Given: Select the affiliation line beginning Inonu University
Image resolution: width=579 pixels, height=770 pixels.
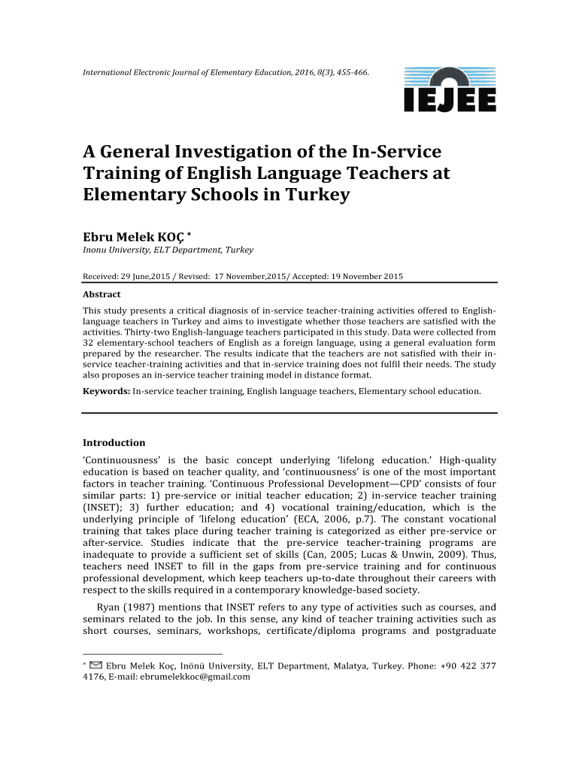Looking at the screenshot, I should coord(168,250).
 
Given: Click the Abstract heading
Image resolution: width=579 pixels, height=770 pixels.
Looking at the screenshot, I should coord(102,295).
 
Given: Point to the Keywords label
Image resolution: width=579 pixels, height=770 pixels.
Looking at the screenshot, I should coord(106,391).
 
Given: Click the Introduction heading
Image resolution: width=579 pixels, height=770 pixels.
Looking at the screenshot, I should coord(114,443).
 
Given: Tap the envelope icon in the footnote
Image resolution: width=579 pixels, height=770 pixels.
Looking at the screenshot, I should coord(96,665).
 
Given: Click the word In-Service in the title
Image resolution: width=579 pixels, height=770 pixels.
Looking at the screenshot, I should coord(397,152).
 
